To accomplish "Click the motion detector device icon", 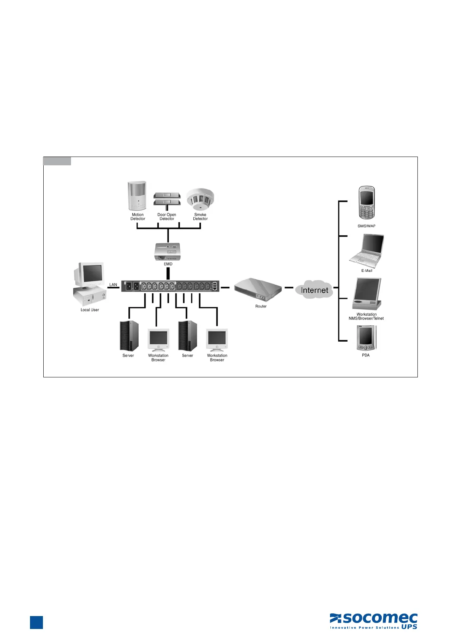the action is click(x=137, y=196).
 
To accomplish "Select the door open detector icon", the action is click(x=167, y=199).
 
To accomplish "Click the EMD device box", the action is click(x=168, y=252).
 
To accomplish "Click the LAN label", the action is click(x=113, y=285).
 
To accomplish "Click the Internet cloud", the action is click(x=314, y=290).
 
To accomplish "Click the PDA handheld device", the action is click(x=366, y=338).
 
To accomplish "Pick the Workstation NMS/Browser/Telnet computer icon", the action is click(x=367, y=294).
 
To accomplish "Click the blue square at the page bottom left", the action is click(x=36, y=623).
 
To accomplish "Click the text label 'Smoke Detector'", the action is click(x=200, y=217).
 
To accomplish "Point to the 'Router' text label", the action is click(x=261, y=306).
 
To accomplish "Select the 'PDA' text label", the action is click(x=366, y=355).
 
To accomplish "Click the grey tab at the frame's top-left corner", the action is click(x=57, y=161).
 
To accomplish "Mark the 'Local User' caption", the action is click(x=90, y=310).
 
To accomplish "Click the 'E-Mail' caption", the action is click(x=367, y=271).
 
